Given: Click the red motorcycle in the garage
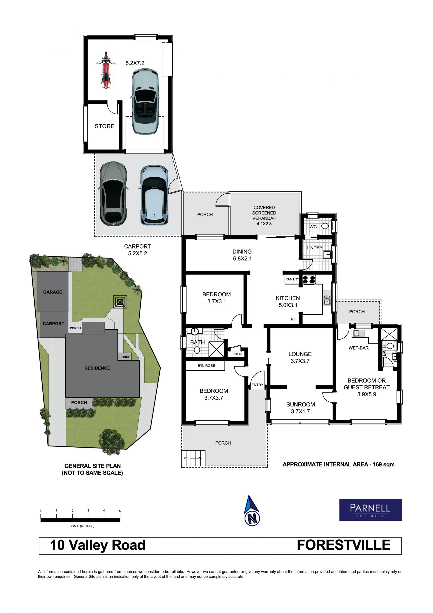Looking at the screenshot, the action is (106, 70).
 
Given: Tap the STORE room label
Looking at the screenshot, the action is (105, 126).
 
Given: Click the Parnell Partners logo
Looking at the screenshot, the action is (371, 510).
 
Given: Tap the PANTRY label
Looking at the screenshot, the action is (292, 279).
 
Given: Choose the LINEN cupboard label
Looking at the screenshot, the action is (236, 354).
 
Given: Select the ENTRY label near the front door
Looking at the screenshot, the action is (257, 385).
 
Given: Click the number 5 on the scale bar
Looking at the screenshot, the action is (120, 511).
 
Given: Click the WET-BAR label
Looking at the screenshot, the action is (359, 348).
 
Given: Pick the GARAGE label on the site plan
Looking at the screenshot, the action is (53, 292).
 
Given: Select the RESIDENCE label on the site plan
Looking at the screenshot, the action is (97, 368).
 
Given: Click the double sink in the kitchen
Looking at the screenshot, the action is (327, 300).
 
